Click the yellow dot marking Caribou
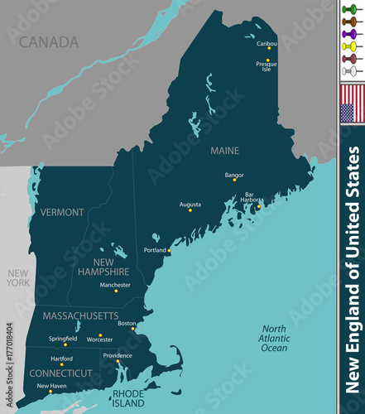(x=268, y=48)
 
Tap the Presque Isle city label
(x=267, y=67)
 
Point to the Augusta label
(x=190, y=203)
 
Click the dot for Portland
(x=170, y=250)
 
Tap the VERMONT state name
(x=61, y=212)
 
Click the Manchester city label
(x=115, y=285)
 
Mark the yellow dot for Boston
(x=133, y=329)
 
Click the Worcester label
(x=99, y=339)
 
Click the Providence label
(x=117, y=355)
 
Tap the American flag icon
(x=352, y=103)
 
